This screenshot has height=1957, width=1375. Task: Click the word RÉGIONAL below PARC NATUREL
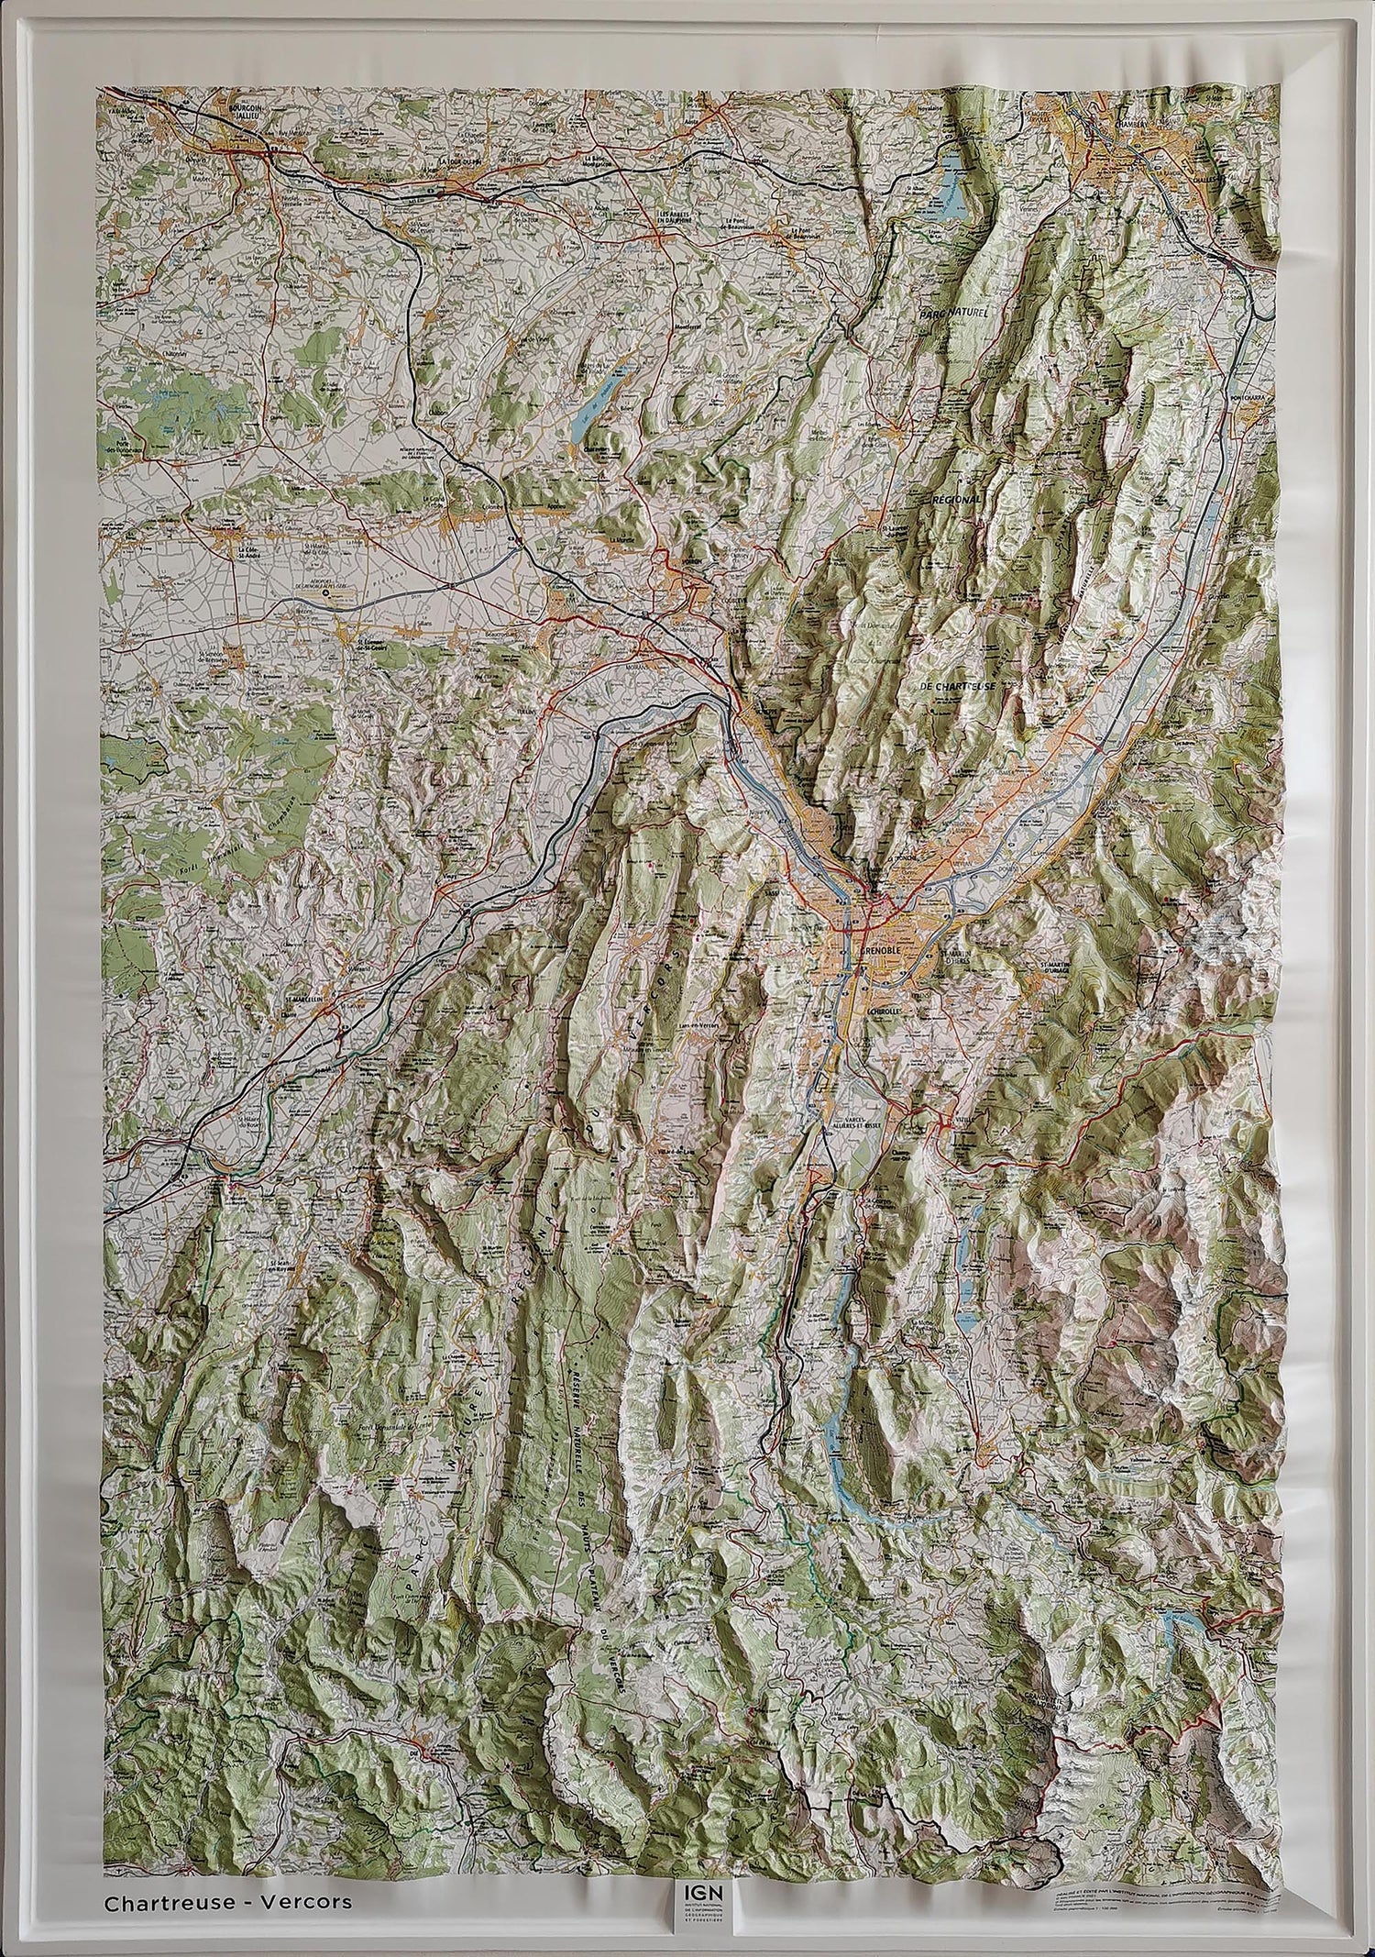tap(956, 499)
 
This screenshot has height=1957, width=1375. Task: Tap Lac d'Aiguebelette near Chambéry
tap(951, 183)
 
